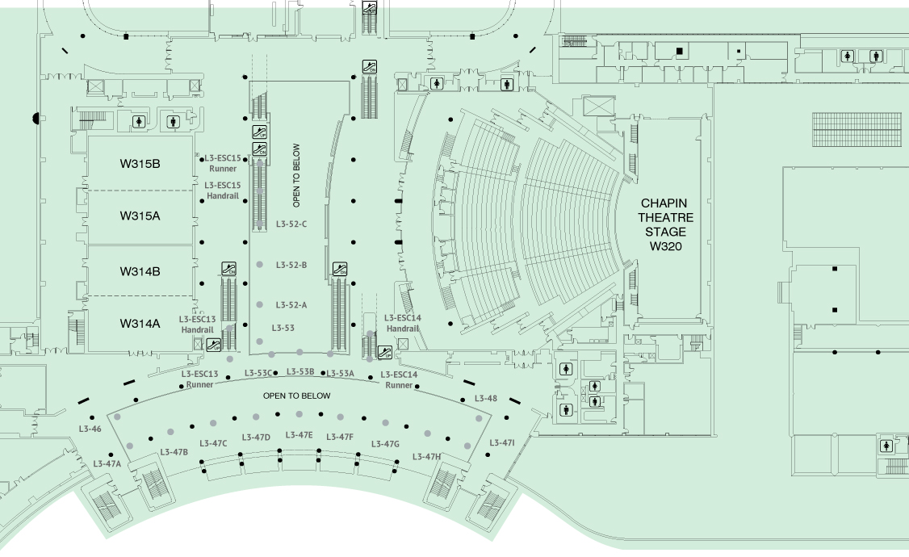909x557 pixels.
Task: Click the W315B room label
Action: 140,164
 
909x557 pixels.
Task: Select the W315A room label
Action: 140,216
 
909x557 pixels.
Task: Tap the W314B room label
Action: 140,271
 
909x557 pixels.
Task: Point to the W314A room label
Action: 140,324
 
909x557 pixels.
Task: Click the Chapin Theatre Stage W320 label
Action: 665,225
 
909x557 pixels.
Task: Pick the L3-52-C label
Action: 291,224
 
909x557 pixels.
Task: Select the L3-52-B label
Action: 291,265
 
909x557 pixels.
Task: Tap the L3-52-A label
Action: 291,305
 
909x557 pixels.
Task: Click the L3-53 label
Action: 283,328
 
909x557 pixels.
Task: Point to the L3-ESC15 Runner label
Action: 223,163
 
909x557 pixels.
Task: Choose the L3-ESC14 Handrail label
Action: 402,323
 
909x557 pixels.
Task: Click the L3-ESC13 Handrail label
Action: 197,324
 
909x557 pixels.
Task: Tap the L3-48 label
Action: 486,398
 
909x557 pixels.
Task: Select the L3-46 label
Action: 90,429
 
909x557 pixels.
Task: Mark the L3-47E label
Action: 300,435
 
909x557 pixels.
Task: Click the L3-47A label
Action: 107,463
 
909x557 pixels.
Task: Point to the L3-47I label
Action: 502,443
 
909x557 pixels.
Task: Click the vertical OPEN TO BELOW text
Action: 297,176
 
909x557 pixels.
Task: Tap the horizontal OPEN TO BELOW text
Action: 297,396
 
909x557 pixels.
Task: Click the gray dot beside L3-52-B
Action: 260,264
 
